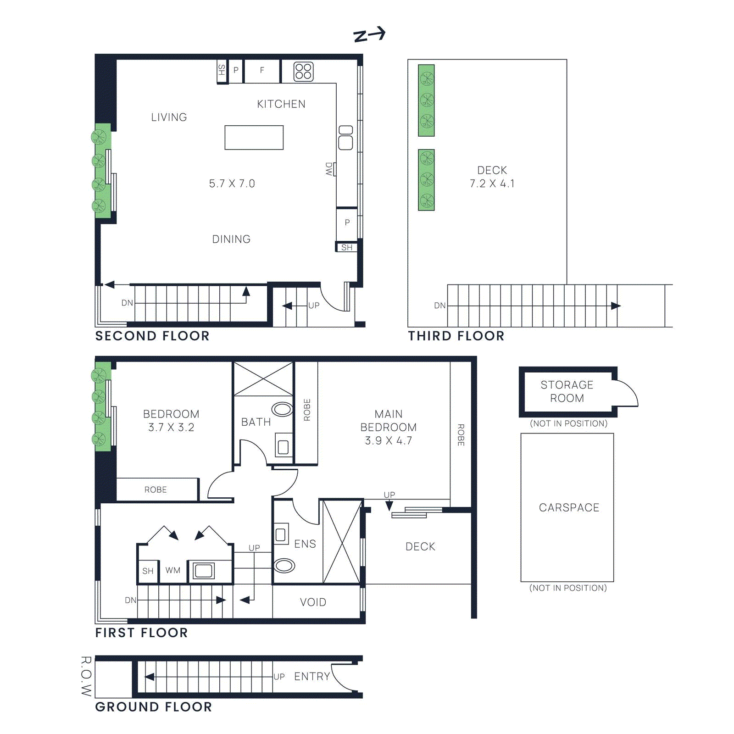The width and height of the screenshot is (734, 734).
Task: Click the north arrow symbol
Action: [x=369, y=34]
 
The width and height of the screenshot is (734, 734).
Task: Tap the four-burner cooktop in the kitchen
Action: [x=303, y=72]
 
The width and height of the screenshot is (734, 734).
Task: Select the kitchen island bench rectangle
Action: [x=254, y=137]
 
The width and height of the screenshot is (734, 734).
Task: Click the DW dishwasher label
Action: [x=329, y=169]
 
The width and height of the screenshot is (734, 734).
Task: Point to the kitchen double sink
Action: [x=345, y=138]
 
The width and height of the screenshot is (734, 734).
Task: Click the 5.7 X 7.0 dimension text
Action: [x=232, y=183]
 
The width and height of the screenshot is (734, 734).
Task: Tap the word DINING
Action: [x=231, y=239]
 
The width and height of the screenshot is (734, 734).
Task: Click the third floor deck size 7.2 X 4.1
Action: [x=492, y=183]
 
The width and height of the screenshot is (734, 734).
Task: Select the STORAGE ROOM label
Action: [x=567, y=391]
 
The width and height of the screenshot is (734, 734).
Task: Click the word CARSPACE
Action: [x=569, y=507]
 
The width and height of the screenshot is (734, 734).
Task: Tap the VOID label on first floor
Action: [x=313, y=602]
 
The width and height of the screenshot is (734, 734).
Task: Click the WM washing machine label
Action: [x=173, y=570]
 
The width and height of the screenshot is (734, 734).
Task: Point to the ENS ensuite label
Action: [x=305, y=544]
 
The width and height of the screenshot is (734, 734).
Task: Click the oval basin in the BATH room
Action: [x=282, y=409]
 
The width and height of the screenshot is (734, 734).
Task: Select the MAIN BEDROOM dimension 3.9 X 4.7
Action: [x=388, y=440]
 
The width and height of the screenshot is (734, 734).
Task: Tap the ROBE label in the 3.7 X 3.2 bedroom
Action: [x=156, y=489]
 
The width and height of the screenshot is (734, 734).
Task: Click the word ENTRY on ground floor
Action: [x=312, y=676]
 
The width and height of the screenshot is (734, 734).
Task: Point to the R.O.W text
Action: [x=86, y=676]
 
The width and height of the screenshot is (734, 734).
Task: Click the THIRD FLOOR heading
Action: [x=456, y=336]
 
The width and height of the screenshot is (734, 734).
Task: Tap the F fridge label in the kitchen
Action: [x=262, y=70]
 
